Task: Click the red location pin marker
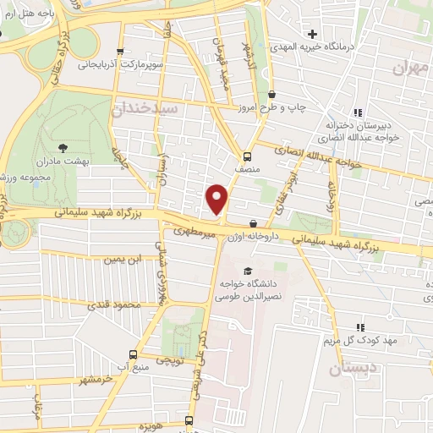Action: coord(217,199)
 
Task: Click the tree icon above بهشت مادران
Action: coord(65,146)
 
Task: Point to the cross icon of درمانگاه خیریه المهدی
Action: coord(313,35)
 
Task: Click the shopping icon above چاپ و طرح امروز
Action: coord(271,95)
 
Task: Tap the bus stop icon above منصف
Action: coord(247,156)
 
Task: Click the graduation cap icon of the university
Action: coord(247,271)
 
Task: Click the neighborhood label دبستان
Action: coord(348,368)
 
